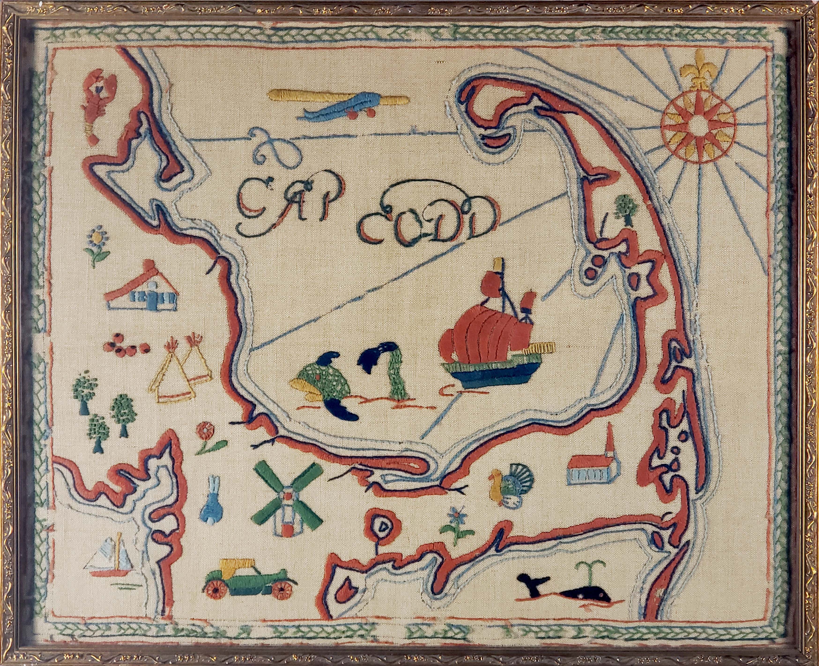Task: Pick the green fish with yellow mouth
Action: (x=322, y=387)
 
